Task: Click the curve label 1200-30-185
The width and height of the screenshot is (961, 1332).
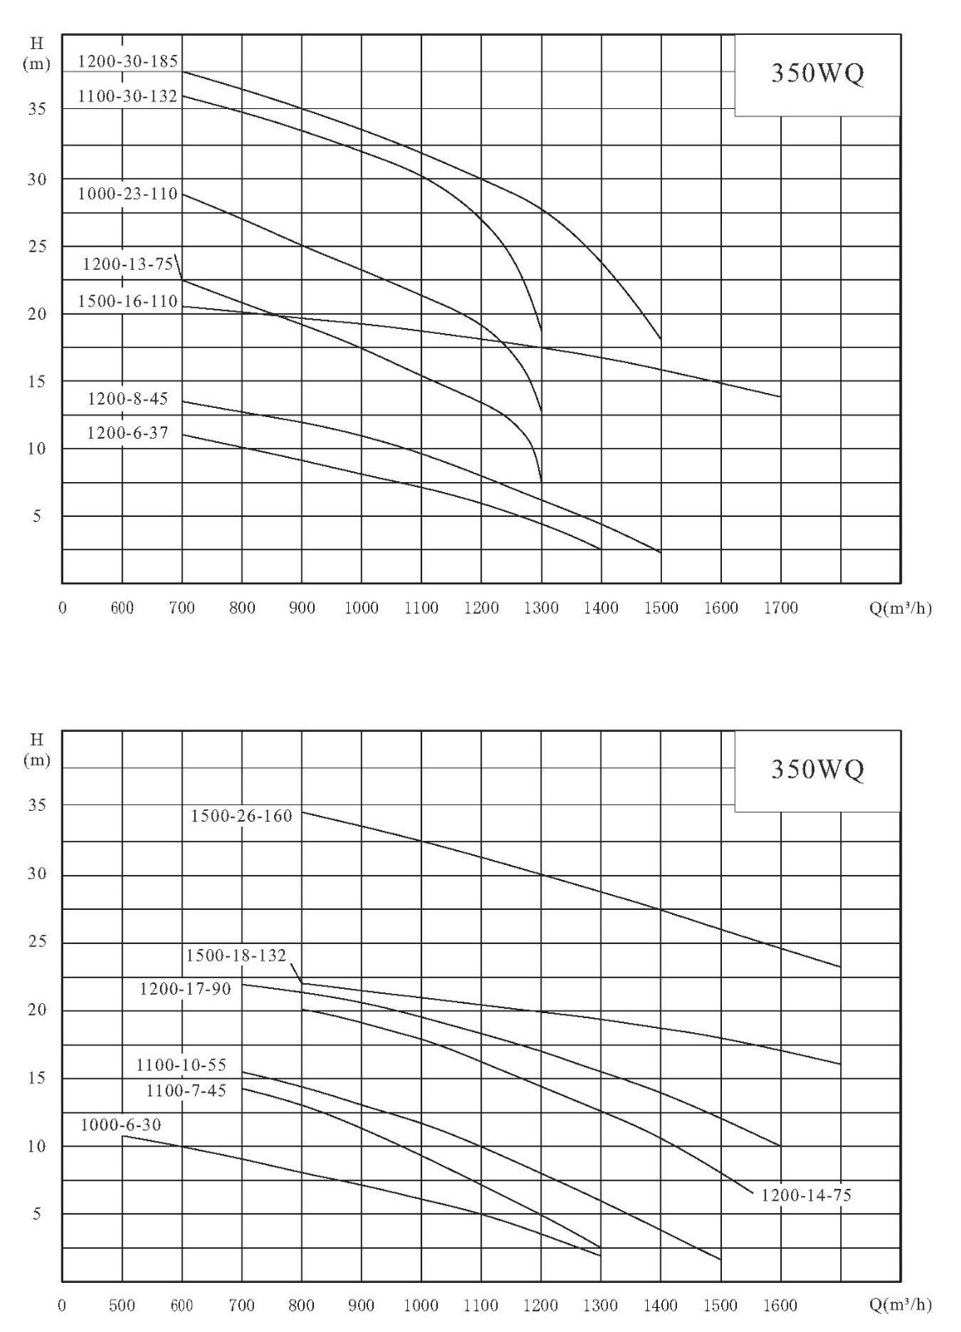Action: click(x=128, y=62)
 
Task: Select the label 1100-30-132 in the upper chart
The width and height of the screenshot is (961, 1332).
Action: click(x=128, y=96)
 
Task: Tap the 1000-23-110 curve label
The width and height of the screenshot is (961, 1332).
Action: click(x=128, y=194)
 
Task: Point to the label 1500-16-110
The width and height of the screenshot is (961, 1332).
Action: click(x=128, y=301)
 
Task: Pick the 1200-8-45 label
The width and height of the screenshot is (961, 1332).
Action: click(x=128, y=398)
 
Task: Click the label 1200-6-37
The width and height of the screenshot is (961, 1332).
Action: click(x=128, y=432)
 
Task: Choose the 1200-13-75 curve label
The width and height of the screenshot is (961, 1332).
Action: click(x=128, y=263)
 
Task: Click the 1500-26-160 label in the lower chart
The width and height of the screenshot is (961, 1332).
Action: click(x=241, y=815)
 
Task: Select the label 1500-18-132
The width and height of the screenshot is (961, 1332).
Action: click(x=237, y=955)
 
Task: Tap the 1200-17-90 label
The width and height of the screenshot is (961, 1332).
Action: click(x=185, y=988)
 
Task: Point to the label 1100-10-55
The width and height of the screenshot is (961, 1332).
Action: click(x=182, y=1065)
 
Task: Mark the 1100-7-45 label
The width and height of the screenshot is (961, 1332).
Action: click(x=187, y=1090)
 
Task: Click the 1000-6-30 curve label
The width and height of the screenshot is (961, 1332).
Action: click(x=121, y=1125)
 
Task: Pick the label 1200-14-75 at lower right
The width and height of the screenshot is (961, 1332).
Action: click(x=806, y=1195)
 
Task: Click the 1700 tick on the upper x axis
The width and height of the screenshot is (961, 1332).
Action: click(x=780, y=608)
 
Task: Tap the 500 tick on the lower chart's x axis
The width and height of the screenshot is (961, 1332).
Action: click(x=122, y=1305)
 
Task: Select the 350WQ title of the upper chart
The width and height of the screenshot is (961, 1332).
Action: click(x=817, y=73)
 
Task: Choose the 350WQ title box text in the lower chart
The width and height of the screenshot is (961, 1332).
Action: click(x=817, y=769)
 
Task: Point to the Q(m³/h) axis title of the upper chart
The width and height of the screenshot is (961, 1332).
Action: click(x=900, y=608)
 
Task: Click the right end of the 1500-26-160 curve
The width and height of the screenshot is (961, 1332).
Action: click(x=840, y=967)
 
